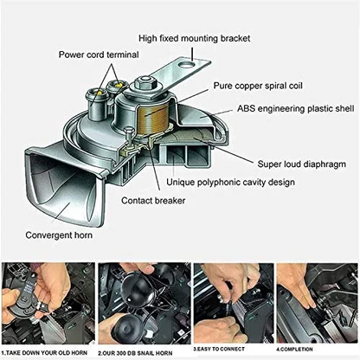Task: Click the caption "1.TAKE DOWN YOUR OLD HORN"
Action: (x=45, y=353)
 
